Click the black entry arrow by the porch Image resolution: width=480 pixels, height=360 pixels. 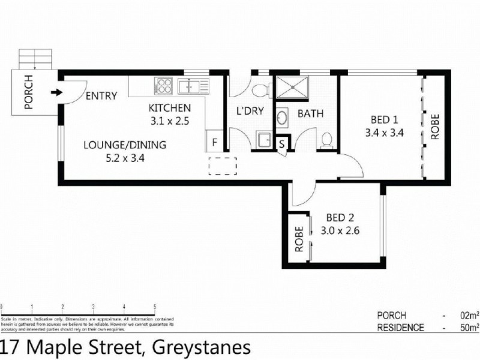click(x=56, y=93)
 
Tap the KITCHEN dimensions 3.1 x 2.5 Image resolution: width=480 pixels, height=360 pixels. click(x=170, y=120)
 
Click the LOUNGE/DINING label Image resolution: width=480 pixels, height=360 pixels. click(x=124, y=145)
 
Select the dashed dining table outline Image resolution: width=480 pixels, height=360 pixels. click(x=223, y=165)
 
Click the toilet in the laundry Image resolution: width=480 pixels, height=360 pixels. click(x=260, y=91)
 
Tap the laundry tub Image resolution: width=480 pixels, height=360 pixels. click(x=263, y=139)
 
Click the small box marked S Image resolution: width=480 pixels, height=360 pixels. click(x=283, y=144)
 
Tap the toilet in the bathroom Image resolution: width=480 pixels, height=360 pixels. click(x=327, y=139)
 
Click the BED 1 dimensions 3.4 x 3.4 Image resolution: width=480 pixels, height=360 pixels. click(x=383, y=133)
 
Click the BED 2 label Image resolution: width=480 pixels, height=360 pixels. click(x=339, y=217)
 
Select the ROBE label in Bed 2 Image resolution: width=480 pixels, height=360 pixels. click(x=298, y=239)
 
